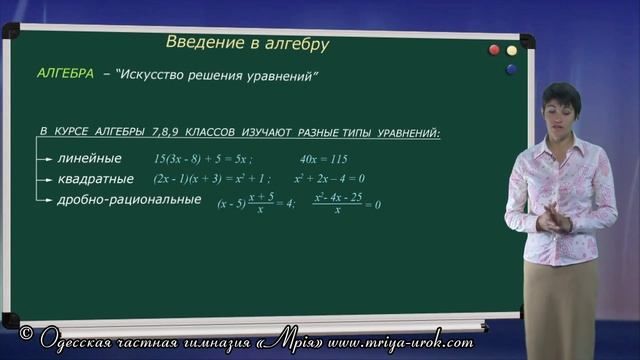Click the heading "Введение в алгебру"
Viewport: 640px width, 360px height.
pyautogui.click(x=246, y=44)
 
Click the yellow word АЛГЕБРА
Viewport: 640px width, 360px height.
pyautogui.click(x=65, y=75)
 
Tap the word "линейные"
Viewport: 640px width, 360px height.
pyautogui.click(x=89, y=158)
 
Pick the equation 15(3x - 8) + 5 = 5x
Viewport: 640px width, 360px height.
pyautogui.click(x=204, y=159)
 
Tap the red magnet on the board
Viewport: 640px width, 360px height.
pyautogui.click(x=493, y=50)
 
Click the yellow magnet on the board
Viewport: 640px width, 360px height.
pyautogui.click(x=511, y=50)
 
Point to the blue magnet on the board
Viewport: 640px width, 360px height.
pyautogui.click(x=511, y=69)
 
